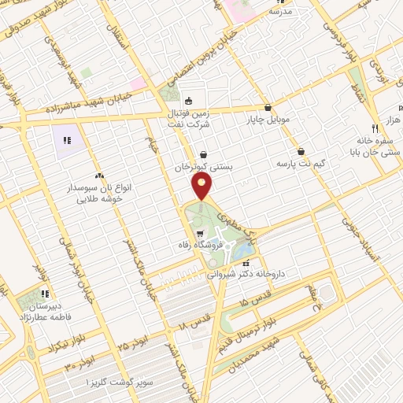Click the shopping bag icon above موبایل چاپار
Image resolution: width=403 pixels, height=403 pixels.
pyautogui.click(x=268, y=107)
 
